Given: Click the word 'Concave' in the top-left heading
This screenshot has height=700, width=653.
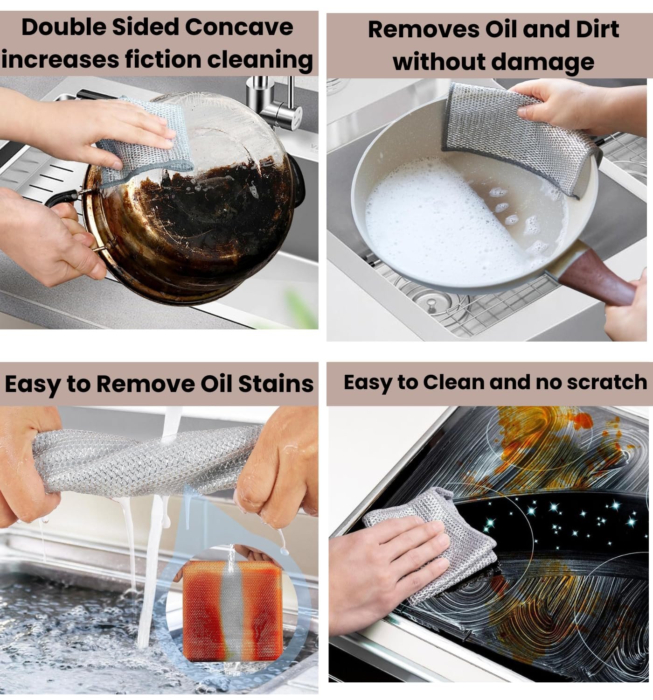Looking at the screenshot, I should [x=239, y=27].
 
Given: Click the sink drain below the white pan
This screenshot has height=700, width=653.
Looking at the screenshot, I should [x=431, y=303].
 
